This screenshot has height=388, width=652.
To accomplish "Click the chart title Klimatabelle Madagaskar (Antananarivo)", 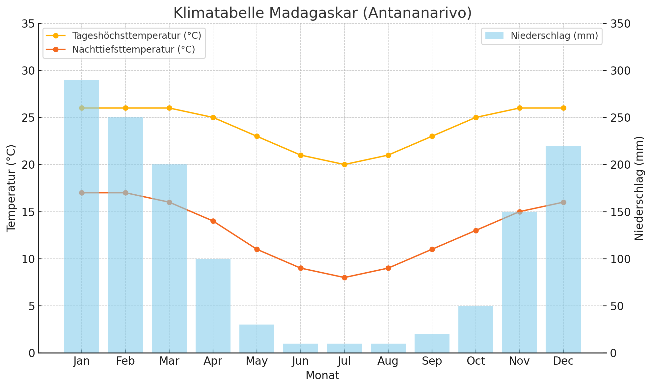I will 322,13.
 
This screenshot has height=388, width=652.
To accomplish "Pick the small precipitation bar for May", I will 257,339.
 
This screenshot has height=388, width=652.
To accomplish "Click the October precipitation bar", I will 476,329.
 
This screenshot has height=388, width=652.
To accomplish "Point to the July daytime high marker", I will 344,164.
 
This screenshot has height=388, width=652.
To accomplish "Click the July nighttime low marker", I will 344,278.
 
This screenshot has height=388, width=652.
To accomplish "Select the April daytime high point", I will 213,117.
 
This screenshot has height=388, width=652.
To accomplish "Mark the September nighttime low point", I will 432,249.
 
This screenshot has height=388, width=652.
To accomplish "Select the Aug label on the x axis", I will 388,361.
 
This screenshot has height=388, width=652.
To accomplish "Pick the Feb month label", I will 125,361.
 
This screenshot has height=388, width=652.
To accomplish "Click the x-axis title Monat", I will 322,376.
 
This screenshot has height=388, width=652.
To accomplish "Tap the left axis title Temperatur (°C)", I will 12,188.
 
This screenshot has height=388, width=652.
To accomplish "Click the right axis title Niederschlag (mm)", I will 639,188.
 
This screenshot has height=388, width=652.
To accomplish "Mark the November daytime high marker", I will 520,108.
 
